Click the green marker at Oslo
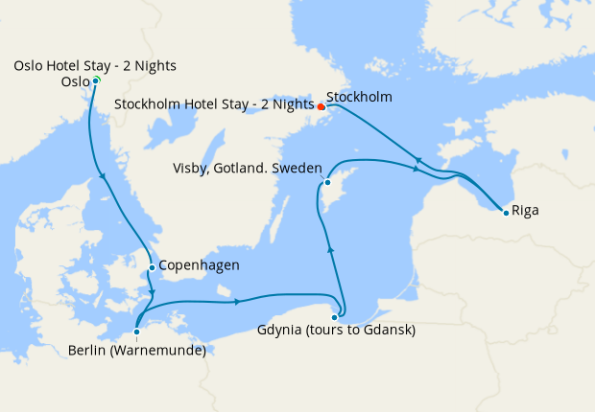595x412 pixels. (x=96, y=80)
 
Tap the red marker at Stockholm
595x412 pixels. (x=321, y=106)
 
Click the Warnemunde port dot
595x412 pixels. (x=137, y=332)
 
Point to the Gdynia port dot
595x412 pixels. (x=334, y=317)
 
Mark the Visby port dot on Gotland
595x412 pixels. (x=327, y=182)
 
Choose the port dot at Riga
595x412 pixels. (x=506, y=212)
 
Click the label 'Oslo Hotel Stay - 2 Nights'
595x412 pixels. (x=95, y=65)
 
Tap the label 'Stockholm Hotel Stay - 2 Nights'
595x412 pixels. (x=214, y=103)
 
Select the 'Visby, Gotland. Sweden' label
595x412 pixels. (x=247, y=167)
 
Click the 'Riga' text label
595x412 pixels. (x=525, y=210)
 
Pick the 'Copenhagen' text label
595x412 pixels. (x=199, y=265)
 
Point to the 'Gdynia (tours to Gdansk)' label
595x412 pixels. (x=336, y=332)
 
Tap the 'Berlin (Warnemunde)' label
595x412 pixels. (x=137, y=350)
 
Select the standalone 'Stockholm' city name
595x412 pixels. (x=359, y=97)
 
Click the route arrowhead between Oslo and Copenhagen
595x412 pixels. (x=102, y=174)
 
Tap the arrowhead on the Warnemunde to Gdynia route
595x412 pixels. (x=236, y=303)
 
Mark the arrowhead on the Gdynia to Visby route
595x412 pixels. (x=331, y=248)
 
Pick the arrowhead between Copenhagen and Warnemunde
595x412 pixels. (x=154, y=292)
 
